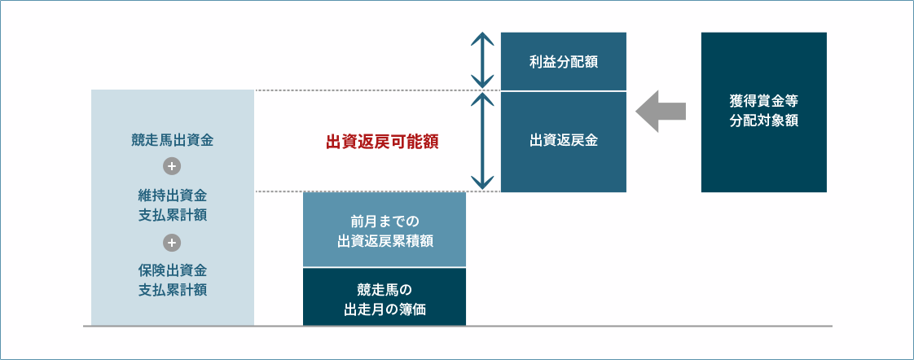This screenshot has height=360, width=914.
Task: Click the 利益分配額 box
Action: click(x=564, y=61)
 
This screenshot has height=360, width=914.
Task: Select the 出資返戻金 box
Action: click(x=564, y=141)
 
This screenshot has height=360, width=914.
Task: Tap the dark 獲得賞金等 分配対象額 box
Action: click(x=763, y=112)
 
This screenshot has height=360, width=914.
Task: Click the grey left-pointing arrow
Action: click(x=661, y=111)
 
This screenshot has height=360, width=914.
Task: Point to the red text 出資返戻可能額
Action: click(x=382, y=142)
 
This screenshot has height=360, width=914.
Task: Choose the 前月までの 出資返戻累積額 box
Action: click(x=384, y=230)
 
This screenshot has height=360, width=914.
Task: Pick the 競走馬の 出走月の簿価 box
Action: click(x=384, y=297)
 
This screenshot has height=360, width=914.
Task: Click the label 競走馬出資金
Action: click(x=172, y=140)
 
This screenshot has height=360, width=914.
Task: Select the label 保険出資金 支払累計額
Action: click(x=172, y=279)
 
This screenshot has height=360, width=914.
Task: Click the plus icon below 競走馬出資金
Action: click(x=172, y=167)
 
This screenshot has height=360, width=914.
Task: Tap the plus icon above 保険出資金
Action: click(x=172, y=242)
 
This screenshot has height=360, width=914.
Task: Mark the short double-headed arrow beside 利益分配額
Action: click(x=483, y=60)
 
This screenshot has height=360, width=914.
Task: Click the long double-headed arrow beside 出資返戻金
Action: click(x=483, y=141)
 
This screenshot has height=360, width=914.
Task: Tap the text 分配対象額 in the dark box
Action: click(x=763, y=121)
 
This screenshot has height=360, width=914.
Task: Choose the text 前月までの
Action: click(x=384, y=221)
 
